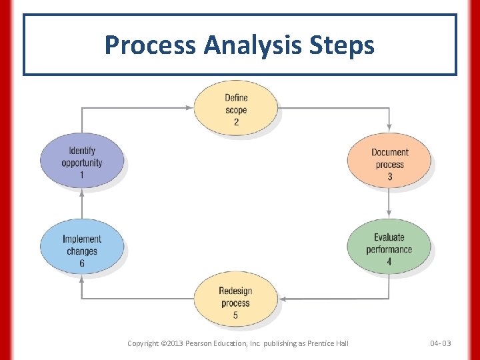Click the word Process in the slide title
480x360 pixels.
pyautogui.click(x=150, y=45)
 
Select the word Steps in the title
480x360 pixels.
pyautogui.click(x=344, y=45)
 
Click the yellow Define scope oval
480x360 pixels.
pyautogui.click(x=236, y=109)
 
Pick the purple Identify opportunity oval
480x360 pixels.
pyautogui.click(x=82, y=162)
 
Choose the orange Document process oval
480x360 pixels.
pyautogui.click(x=389, y=164)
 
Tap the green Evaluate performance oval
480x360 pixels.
pyautogui.click(x=389, y=249)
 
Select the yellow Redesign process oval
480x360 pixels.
pyautogui.click(x=235, y=302)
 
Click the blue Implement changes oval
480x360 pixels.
pyautogui.click(x=82, y=251)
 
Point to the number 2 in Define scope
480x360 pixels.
pyautogui.click(x=236, y=122)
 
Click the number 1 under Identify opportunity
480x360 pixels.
pyautogui.click(x=82, y=175)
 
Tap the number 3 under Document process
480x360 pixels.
pyautogui.click(x=389, y=177)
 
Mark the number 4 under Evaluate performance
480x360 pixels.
pyautogui.click(x=389, y=261)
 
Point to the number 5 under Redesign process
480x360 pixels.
pyautogui.click(x=235, y=315)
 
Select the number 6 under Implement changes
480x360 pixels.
pyautogui.click(x=82, y=263)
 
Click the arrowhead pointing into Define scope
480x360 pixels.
pyautogui.click(x=189, y=107)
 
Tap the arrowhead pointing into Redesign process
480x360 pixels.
pyautogui.click(x=283, y=299)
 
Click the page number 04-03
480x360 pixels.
pyautogui.click(x=440, y=343)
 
